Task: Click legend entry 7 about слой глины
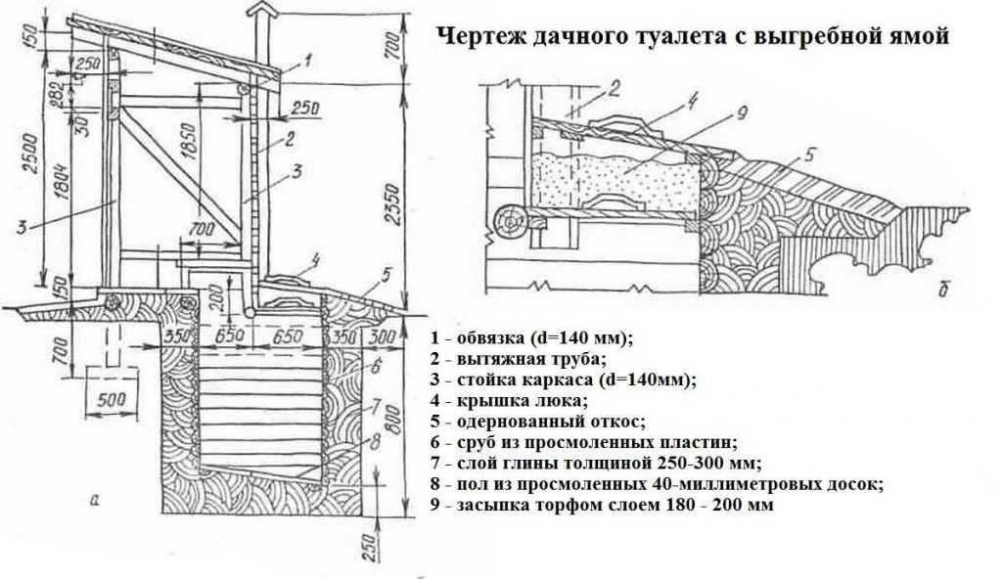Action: point(593,463)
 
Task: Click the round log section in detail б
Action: point(511,224)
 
